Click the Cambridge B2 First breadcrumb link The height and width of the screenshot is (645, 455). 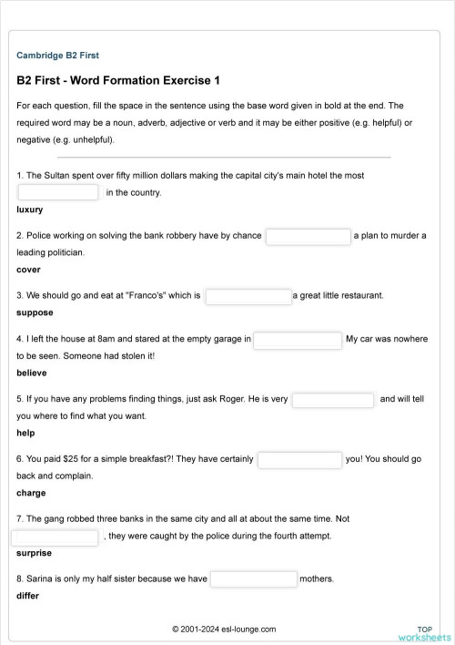click(x=64, y=56)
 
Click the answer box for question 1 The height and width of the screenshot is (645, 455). click(x=58, y=192)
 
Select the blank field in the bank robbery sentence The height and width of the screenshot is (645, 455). click(x=308, y=236)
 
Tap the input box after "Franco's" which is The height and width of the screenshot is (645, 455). click(x=248, y=296)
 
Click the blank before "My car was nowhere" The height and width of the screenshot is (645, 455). click(x=297, y=340)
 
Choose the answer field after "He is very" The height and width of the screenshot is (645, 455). click(x=332, y=400)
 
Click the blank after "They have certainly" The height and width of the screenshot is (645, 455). click(x=299, y=460)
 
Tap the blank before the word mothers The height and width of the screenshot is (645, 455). click(x=254, y=579)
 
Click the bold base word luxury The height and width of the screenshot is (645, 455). click(x=30, y=210)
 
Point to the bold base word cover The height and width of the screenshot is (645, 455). click(x=28, y=270)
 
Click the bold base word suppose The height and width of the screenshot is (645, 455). click(x=35, y=312)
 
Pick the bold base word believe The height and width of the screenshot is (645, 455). click(x=32, y=373)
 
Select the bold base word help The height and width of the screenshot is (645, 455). click(x=25, y=433)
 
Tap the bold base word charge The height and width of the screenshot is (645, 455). click(x=31, y=493)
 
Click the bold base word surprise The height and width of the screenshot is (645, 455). click(x=34, y=553)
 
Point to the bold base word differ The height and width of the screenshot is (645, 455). click(x=28, y=596)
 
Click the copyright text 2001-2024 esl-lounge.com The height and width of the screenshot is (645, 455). click(x=224, y=630)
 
